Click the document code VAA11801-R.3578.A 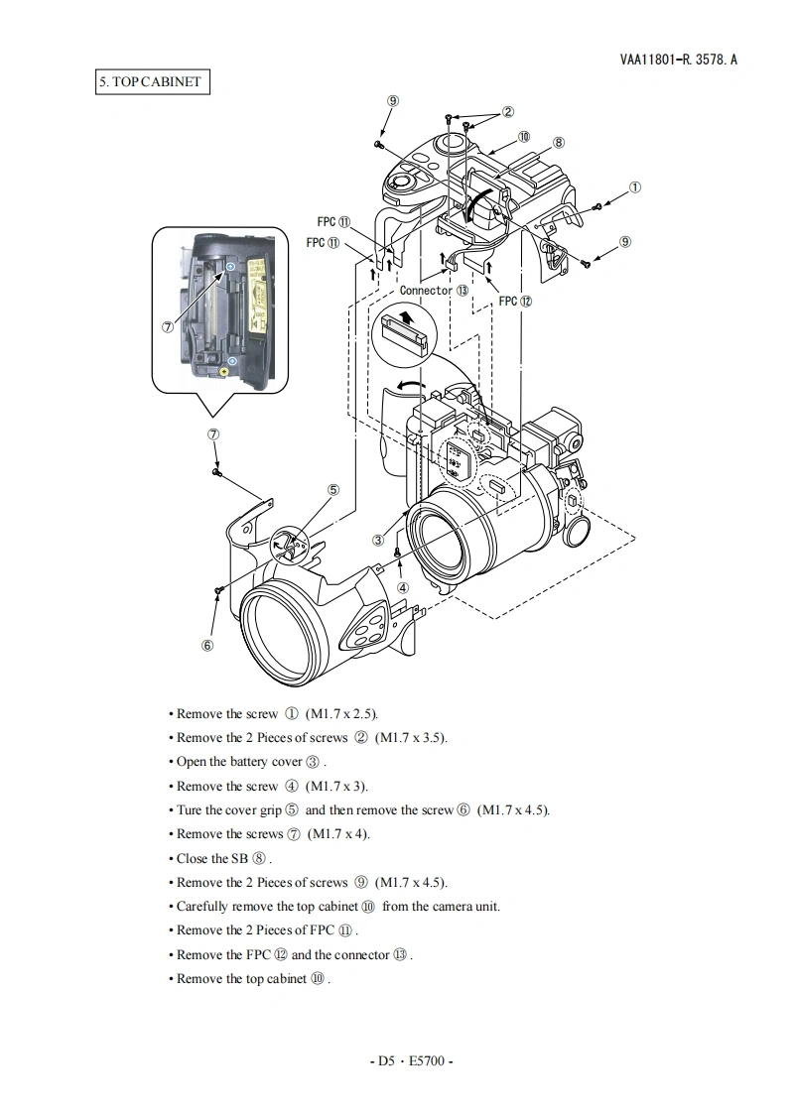click(679, 60)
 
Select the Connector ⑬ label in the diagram click(434, 291)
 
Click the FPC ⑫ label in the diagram click(515, 301)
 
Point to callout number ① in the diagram click(635, 186)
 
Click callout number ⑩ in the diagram click(523, 137)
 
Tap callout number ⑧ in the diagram click(559, 142)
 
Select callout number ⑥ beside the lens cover click(207, 645)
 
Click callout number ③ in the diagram click(378, 540)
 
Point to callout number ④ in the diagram click(403, 586)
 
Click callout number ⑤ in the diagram click(333, 489)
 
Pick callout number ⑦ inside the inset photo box click(168, 325)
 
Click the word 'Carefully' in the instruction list click(201, 906)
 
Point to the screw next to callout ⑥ click(217, 591)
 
